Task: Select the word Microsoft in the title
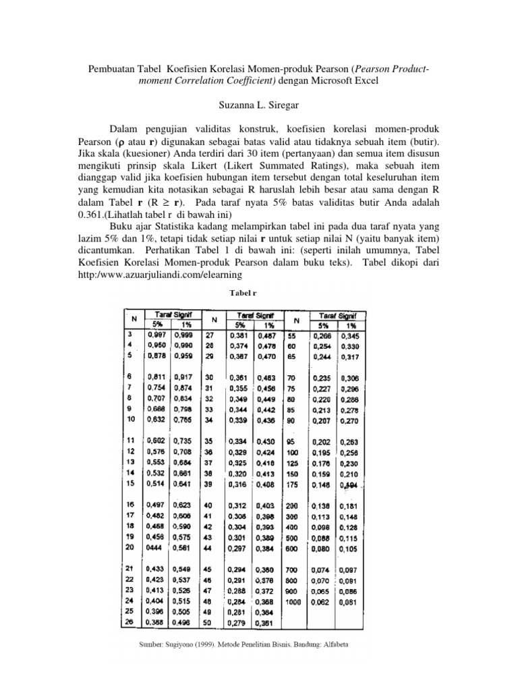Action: click(x=332, y=80)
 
